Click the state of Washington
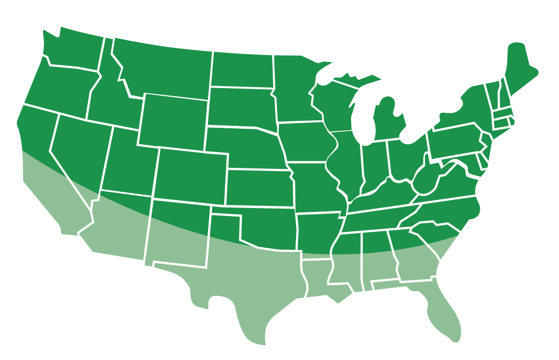tap(74, 50)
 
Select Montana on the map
tap(163, 69)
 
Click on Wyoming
tap(173, 121)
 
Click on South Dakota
tap(240, 106)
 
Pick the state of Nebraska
tap(243, 146)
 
